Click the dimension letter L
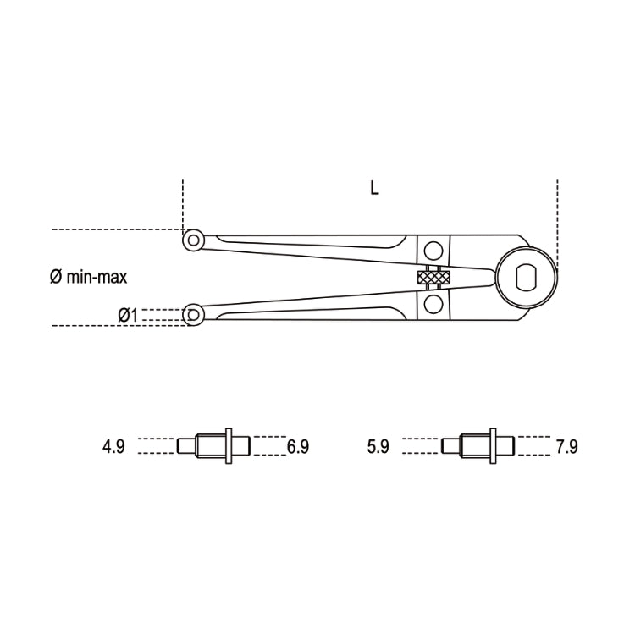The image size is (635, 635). click(374, 189)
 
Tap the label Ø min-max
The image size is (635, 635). click(89, 276)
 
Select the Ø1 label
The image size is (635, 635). click(128, 315)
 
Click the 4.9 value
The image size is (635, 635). click(113, 446)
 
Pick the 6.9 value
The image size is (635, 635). click(298, 446)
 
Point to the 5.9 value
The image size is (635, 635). click(378, 446)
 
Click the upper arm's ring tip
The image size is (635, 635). click(194, 240)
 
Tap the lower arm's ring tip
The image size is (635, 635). click(194, 315)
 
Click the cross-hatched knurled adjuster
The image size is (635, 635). click(433, 277)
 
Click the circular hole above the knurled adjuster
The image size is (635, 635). click(433, 251)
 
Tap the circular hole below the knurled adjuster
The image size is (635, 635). click(433, 303)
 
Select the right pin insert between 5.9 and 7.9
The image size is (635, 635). click(478, 445)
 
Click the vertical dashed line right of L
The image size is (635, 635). click(557, 212)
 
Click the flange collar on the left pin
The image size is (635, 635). click(229, 445)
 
